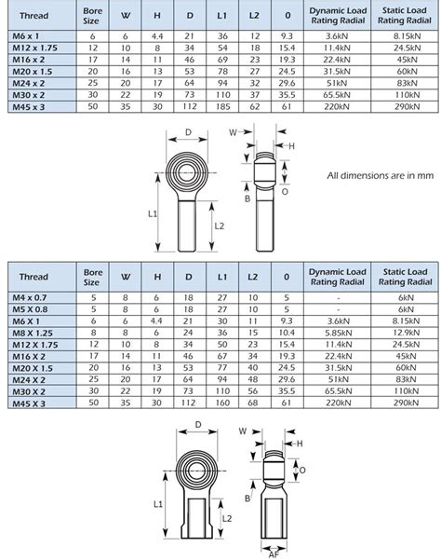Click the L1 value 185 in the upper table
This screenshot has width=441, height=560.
coord(221,108)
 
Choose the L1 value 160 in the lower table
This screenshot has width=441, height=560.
coord(221,402)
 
